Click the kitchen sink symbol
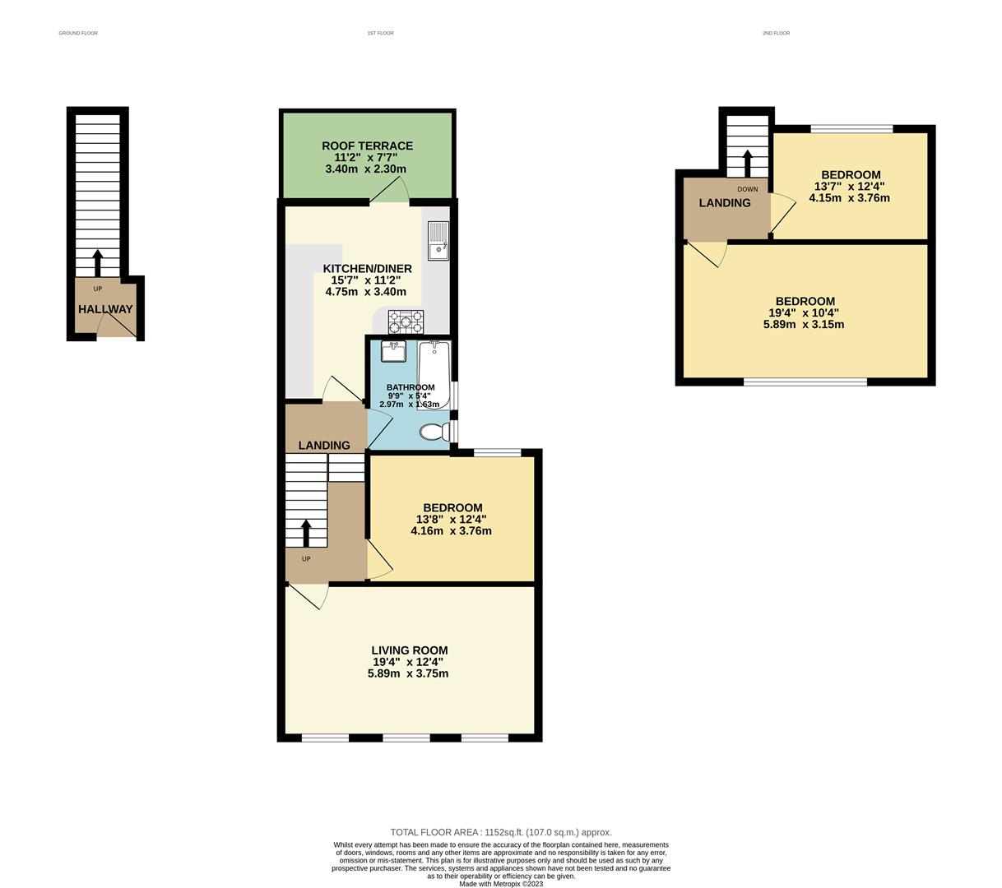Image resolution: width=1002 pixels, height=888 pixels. click(x=437, y=239)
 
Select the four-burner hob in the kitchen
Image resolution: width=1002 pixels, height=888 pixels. click(x=406, y=321)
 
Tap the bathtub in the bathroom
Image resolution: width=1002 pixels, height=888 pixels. click(x=434, y=374)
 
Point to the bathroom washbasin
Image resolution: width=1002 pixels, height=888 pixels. click(x=394, y=351)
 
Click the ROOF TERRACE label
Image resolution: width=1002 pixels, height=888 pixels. click(x=367, y=146)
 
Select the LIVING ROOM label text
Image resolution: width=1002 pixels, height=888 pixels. click(x=409, y=650)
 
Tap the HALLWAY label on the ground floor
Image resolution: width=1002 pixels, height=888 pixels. click(x=105, y=309)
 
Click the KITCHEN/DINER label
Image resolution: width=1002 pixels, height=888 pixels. click(x=367, y=269)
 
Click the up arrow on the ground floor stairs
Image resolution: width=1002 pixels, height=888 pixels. click(x=97, y=263)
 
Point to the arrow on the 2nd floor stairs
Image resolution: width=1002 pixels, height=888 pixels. click(x=747, y=163)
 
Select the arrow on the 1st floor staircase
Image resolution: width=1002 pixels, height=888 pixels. click(x=306, y=532)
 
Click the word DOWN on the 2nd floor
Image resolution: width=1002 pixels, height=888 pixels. click(x=747, y=189)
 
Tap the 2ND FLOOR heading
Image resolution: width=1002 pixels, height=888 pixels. click(x=776, y=33)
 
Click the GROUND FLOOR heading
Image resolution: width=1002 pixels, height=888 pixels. click(x=78, y=33)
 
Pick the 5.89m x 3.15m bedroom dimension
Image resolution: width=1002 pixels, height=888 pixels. click(x=805, y=324)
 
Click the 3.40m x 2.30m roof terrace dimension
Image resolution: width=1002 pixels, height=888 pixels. click(x=367, y=169)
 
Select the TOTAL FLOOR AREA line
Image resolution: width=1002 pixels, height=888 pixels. click(x=501, y=832)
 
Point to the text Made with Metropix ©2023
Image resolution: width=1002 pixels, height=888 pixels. click(x=501, y=884)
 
